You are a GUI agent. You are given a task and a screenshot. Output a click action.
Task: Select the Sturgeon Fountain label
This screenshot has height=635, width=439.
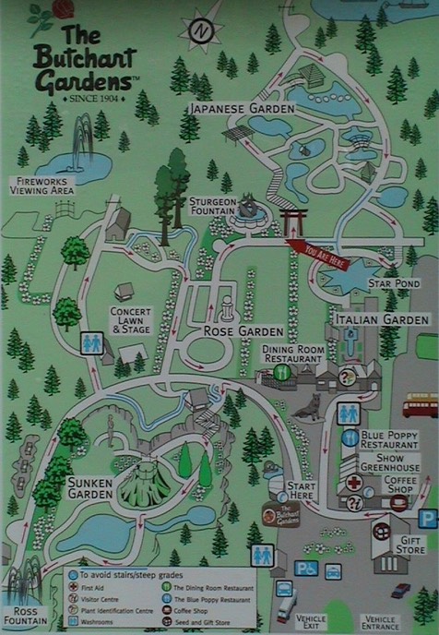point(214,206)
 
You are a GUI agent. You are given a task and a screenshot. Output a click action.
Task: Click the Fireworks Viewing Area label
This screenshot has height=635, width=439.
point(42,185)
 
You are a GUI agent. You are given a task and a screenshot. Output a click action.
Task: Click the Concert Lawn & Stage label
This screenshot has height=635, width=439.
point(130,318)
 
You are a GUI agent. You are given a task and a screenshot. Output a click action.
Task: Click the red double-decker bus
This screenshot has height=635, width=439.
point(421,404)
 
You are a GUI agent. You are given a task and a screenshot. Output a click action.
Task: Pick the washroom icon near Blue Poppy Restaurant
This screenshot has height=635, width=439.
point(349,413)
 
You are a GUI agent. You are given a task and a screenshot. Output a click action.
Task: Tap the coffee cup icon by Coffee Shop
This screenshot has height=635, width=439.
point(399,502)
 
